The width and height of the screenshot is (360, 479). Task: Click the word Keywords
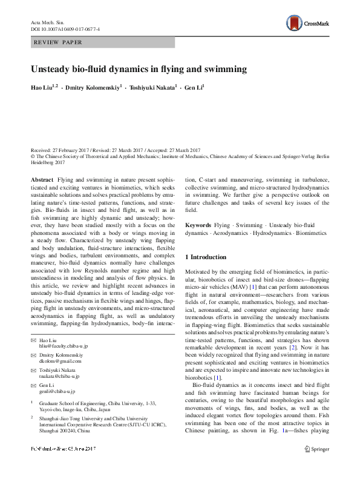pyautogui.click(x=198, y=225)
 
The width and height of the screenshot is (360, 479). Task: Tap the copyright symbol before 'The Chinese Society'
pyautogui.click(x=32, y=155)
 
